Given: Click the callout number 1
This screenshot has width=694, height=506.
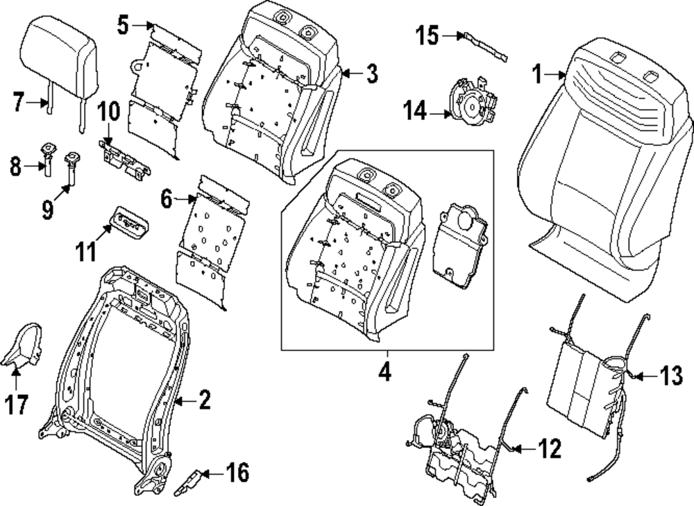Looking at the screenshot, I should point(537,74).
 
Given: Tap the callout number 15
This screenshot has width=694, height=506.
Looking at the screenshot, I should point(428,35).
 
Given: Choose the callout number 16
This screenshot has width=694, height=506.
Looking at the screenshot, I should point(237,474).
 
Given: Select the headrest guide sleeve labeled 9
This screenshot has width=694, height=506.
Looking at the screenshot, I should point(71,169).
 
